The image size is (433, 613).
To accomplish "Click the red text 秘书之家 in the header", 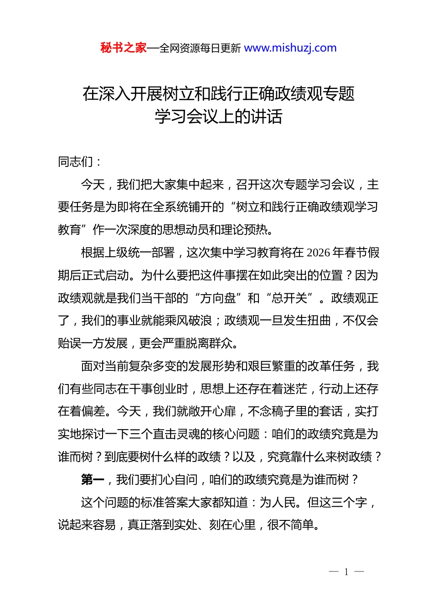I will (123, 48).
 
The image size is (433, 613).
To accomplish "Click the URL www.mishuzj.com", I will (290, 48).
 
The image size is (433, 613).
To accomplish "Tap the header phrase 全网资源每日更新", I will (200, 48).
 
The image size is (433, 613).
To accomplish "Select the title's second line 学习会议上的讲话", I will (218, 117).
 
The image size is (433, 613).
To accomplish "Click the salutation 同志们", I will (76, 162).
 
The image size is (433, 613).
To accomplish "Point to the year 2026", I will (319, 253).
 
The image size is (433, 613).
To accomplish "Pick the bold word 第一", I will (93, 480).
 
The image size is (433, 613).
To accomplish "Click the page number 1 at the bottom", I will (346, 572).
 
